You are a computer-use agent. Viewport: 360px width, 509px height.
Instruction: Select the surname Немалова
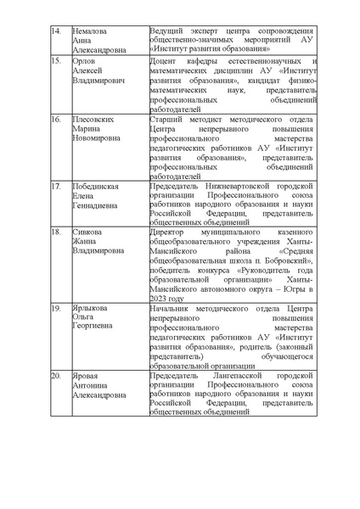pos(89,31)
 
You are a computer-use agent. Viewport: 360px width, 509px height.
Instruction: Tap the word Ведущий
pos(164,31)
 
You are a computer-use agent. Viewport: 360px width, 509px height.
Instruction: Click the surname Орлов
pos(83,62)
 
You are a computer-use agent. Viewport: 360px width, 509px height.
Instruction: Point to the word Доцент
pos(162,62)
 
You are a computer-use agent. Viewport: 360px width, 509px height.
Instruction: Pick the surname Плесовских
pos(93,120)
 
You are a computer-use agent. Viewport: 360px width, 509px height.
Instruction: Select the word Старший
pos(164,120)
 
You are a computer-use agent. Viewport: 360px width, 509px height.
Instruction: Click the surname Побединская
pos(96,186)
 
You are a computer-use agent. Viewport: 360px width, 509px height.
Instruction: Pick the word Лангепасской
pos(227,375)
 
